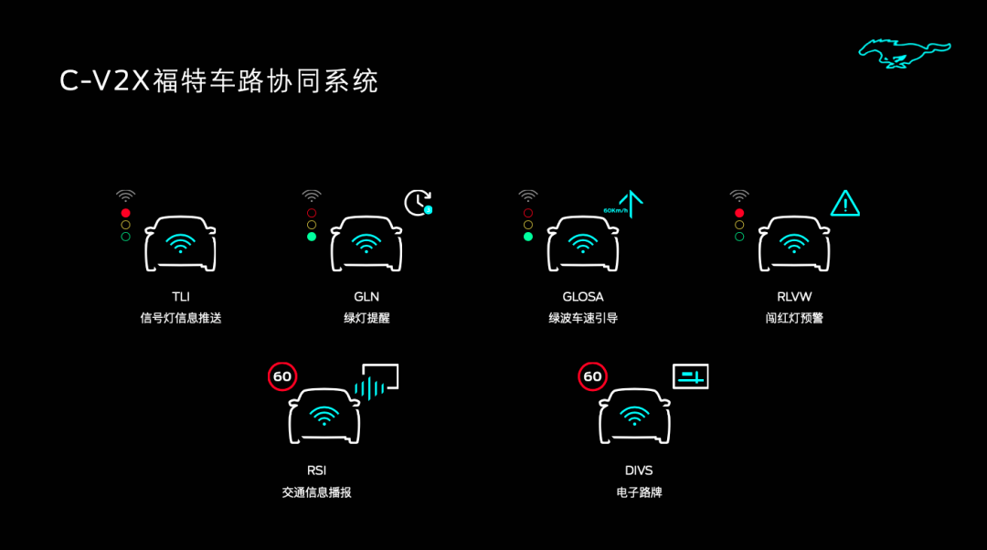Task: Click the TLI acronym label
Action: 181,296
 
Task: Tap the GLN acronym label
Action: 366,296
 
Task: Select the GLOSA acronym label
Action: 583,296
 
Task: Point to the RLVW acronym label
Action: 794,296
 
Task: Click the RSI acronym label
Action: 316,471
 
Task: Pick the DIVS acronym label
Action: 639,471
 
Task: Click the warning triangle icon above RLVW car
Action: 844,203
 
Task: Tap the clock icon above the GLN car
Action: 418,203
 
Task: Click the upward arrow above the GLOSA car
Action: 631,203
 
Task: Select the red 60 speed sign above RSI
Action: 282,376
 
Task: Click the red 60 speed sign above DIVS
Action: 592,376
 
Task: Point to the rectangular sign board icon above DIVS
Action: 691,376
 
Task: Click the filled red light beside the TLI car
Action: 126,213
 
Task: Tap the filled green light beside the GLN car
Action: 312,237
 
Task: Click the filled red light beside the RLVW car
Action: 739,213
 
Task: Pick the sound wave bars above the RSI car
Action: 369,388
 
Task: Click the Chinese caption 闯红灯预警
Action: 794,318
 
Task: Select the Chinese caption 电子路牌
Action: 639,492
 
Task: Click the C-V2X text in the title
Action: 104,81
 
